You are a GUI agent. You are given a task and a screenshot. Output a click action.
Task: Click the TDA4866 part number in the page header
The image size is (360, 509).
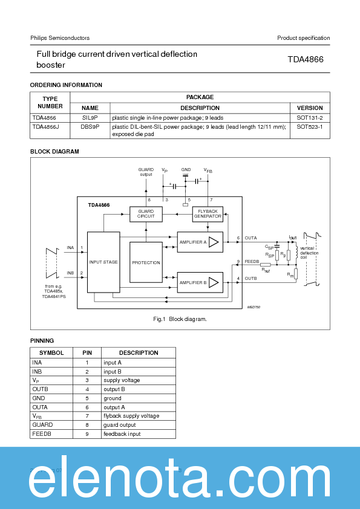pyautogui.click(x=305, y=59)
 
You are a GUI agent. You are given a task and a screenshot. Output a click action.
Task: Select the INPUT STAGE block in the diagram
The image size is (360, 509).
pyautogui.click(x=103, y=262)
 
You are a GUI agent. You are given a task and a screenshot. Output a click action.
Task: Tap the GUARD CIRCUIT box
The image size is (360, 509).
pyautogui.click(x=146, y=214)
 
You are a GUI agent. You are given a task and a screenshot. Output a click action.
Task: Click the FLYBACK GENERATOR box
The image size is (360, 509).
pyautogui.click(x=208, y=214)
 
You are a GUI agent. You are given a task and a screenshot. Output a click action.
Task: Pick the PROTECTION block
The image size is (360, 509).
pyautogui.click(x=146, y=262)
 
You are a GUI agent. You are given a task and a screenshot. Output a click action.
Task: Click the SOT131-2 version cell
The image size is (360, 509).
pyautogui.click(x=310, y=117)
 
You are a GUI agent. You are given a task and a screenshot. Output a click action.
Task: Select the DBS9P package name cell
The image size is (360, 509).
pyautogui.click(x=90, y=127)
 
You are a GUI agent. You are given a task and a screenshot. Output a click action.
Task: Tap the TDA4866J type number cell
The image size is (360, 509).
pyautogui.click(x=46, y=127)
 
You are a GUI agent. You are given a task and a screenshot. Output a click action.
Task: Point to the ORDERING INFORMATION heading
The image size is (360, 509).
pyautogui.click(x=66, y=85)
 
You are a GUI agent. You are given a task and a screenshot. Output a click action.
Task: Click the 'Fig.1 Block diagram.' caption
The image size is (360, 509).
pyautogui.click(x=180, y=319)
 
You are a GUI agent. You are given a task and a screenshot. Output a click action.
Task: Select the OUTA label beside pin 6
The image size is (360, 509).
pyautogui.click(x=250, y=238)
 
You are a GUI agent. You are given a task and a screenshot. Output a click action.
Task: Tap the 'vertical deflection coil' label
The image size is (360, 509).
pyautogui.click(x=308, y=252)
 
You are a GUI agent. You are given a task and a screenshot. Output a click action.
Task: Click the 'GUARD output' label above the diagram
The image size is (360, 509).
pyautogui.click(x=146, y=172)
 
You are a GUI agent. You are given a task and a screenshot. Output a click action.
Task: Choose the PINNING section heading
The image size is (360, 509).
pyautogui.click(x=42, y=341)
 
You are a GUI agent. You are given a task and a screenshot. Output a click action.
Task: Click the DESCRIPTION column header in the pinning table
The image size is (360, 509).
pyautogui.click(x=138, y=352)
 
